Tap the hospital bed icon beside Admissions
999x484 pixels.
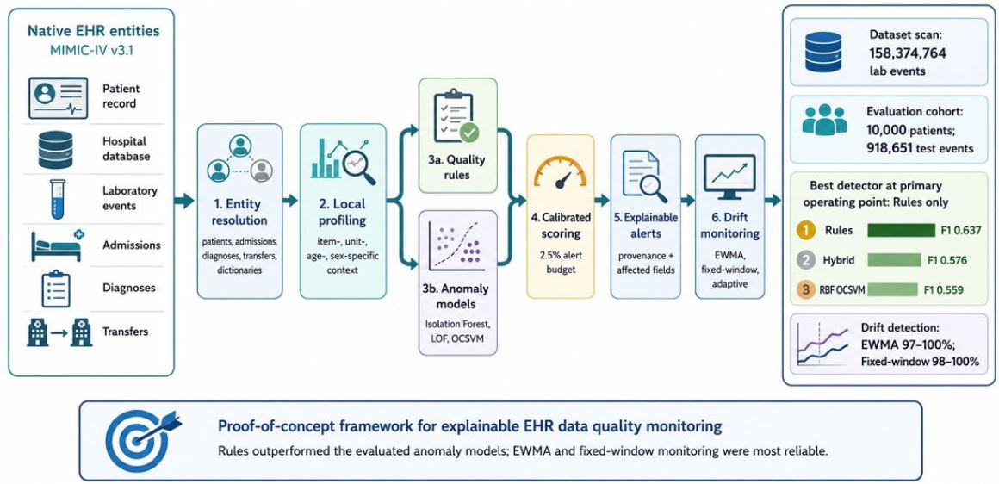click(x=56, y=245)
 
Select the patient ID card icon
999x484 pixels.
click(x=58, y=97)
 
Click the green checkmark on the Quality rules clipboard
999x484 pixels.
click(x=470, y=133)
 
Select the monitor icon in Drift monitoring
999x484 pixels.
click(x=729, y=175)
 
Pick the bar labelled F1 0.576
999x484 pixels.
click(x=894, y=260)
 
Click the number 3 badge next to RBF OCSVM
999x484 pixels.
click(x=807, y=289)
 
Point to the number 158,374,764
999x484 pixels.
click(x=907, y=53)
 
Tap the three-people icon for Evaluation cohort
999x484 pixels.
click(x=823, y=120)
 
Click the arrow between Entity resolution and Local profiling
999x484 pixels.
click(x=289, y=201)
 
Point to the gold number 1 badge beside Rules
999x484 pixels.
click(x=807, y=231)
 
